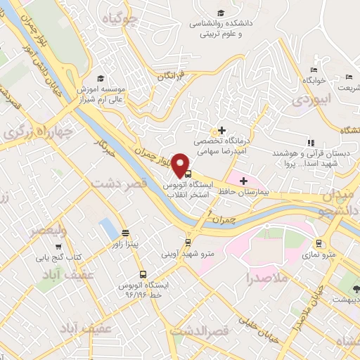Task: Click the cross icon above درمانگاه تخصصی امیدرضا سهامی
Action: tap(222, 130)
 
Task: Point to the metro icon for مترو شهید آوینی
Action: tap(186, 242)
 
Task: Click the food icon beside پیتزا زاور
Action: tap(125, 233)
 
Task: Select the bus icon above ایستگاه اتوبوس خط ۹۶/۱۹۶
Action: tap(143, 275)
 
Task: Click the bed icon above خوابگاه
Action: tap(314, 70)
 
